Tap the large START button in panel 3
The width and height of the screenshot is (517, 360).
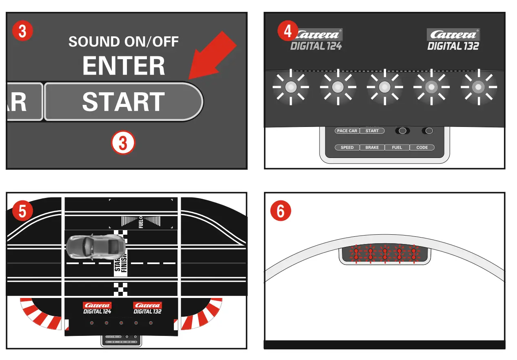123,102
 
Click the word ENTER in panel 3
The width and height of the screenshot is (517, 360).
124,66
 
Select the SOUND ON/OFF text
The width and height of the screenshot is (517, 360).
124,42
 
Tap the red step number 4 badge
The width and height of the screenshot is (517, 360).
288,31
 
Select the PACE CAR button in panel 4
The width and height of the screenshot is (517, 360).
347,131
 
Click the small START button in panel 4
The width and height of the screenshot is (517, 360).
372,131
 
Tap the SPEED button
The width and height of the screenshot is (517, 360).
347,147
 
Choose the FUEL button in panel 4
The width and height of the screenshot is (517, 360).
397,147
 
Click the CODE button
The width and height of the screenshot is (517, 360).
422,147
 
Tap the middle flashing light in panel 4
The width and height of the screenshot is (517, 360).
384,87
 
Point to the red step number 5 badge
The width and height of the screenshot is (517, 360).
23,211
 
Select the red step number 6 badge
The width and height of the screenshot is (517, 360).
281,211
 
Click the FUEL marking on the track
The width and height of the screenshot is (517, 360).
141,222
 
